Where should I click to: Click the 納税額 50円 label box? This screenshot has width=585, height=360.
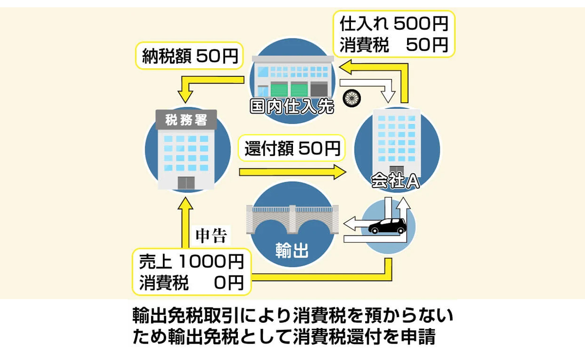click(x=187, y=56)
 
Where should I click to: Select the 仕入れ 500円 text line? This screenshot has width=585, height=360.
click(x=393, y=23)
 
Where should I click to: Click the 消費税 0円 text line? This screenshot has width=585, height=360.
click(x=191, y=283)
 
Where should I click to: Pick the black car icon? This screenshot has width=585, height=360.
click(x=387, y=226)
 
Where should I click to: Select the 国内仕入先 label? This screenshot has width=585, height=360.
click(x=292, y=107)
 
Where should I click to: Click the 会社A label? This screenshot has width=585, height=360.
click(x=395, y=181)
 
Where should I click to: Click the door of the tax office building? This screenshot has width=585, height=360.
click(x=186, y=182)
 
